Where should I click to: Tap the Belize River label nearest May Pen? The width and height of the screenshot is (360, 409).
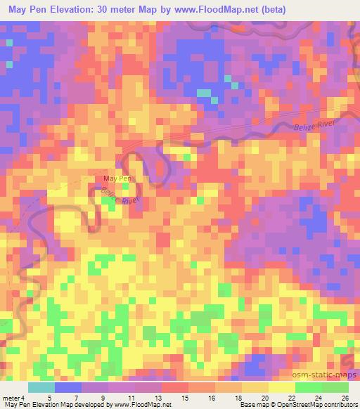(117, 196)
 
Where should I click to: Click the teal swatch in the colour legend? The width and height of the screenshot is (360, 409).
(41, 387)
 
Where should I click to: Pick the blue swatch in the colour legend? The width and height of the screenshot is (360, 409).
(67, 387)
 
